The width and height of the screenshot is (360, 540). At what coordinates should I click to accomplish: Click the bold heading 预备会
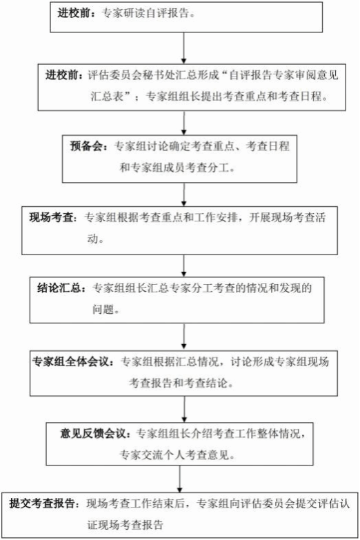[86, 146]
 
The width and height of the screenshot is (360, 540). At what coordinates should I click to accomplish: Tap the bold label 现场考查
[51, 218]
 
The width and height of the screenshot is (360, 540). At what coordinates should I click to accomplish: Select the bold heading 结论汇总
[59, 288]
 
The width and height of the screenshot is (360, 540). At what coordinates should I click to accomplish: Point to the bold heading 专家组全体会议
[70, 361]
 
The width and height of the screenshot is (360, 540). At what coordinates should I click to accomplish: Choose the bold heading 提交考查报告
[41, 503]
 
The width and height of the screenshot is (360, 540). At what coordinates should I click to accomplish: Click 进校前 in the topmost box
[74, 13]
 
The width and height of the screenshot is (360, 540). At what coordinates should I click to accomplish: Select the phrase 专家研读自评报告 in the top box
[146, 13]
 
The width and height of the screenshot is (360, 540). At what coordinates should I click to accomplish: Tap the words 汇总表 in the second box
[107, 96]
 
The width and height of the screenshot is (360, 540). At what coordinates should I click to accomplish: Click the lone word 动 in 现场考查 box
[92, 239]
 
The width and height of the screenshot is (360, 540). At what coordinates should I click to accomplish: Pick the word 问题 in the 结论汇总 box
[103, 309]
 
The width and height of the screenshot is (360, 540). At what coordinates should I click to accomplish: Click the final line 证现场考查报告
[125, 525]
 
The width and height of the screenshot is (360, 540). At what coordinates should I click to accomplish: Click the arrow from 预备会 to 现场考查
[184, 194]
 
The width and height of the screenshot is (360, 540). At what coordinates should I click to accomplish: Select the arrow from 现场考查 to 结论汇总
[184, 266]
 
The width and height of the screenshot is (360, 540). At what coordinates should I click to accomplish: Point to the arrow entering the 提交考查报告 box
[179, 479]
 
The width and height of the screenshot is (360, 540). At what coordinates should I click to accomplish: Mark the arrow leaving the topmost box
[183, 48]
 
